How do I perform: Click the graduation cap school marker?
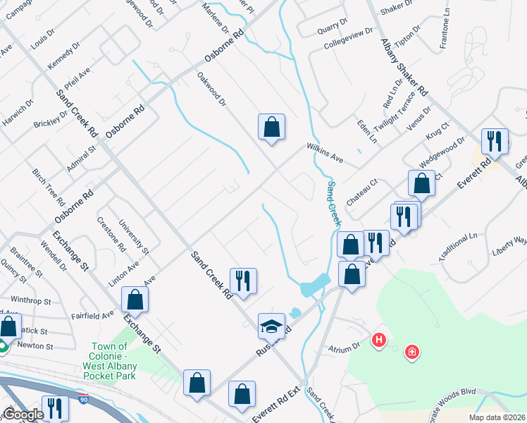(x=271, y=326)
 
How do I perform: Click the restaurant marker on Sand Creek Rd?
(x=243, y=281)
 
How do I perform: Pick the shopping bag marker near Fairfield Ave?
(x=135, y=300)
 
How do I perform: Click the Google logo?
(x=23, y=415)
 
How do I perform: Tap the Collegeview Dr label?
(x=347, y=39)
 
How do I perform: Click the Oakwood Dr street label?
(x=211, y=89)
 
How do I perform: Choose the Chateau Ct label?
(x=362, y=192)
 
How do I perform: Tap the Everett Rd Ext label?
(x=278, y=403)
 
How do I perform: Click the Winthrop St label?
(x=27, y=300)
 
